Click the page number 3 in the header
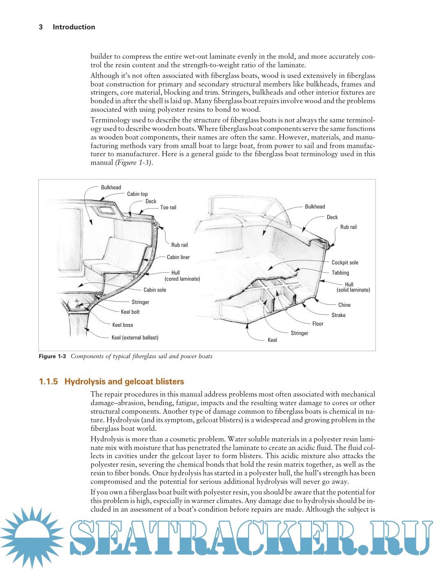click(x=41, y=27)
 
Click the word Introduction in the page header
click(x=74, y=27)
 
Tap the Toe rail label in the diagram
click(x=168, y=207)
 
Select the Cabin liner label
click(x=178, y=257)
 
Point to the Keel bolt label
click(x=130, y=312)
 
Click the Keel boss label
click(x=123, y=325)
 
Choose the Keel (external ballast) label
click(x=135, y=337)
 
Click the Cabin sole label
click(x=155, y=290)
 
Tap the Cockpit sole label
click(x=345, y=262)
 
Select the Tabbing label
click(x=340, y=273)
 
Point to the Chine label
click(x=344, y=305)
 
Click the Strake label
click(x=338, y=315)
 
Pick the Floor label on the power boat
click(x=318, y=324)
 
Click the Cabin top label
click(x=137, y=194)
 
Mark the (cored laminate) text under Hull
click(x=182, y=279)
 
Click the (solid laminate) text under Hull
click(x=353, y=290)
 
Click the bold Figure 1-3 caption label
click(x=52, y=356)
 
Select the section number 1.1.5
click(x=48, y=381)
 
